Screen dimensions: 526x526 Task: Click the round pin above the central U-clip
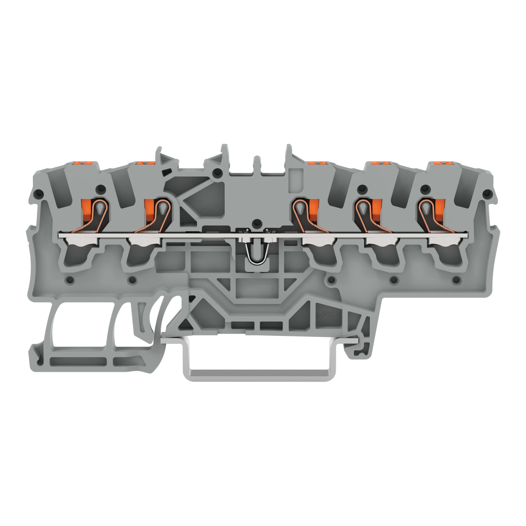pos(255,223)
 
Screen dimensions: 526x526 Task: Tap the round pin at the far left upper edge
pos(39,194)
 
